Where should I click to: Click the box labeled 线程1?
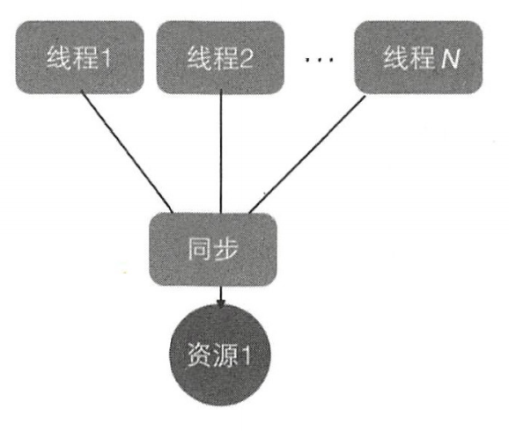[x=80, y=57]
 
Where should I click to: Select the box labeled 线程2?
[x=220, y=57]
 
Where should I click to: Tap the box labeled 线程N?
[x=418, y=57]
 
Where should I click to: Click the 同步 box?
[x=213, y=250]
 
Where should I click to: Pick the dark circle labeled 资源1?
[x=220, y=355]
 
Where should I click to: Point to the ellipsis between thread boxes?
[x=319, y=59]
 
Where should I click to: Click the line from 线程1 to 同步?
[x=127, y=152]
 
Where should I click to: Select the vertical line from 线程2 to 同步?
[x=221, y=152]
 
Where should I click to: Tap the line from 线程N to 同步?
[x=307, y=155]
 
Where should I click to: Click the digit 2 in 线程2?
[x=247, y=58]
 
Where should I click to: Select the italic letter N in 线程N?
[x=450, y=58]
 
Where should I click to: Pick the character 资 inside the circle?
[x=199, y=355]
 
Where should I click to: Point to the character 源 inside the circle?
[x=225, y=355]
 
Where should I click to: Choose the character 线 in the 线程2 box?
[x=200, y=58]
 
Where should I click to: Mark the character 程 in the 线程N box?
[x=423, y=58]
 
